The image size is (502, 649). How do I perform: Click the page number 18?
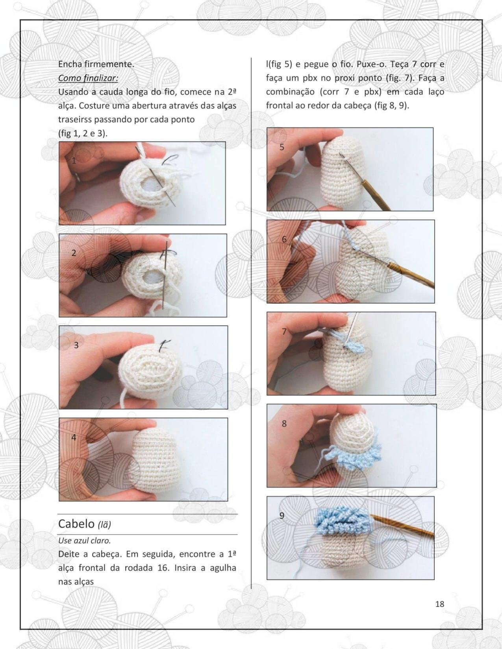pos(440,604)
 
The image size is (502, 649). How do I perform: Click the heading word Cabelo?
pos(76,524)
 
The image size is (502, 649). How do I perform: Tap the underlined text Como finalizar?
pos(88,78)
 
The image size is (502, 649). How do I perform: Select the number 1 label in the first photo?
pos(74,161)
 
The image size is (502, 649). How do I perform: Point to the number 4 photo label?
pos(74,437)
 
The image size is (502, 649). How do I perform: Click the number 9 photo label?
pos(282,516)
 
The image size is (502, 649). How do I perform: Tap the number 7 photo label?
pos(284,331)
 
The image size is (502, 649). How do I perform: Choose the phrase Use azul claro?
pos(84,540)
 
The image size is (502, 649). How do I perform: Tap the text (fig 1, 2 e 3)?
pos(83,133)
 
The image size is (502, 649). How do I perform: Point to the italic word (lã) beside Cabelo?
pos(104,525)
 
